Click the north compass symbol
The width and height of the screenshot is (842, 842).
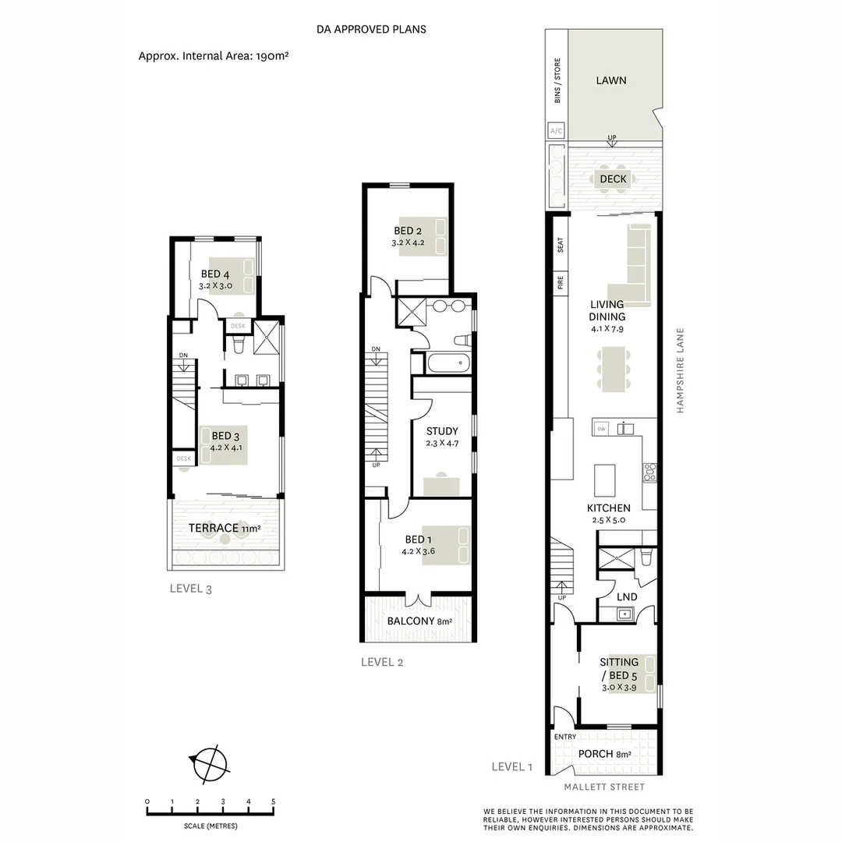pyautogui.click(x=207, y=762)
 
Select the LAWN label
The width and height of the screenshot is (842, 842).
pyautogui.click(x=611, y=80)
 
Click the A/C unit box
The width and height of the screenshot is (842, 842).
pyautogui.click(x=557, y=131)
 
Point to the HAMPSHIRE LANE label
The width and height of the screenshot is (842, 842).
pyautogui.click(x=680, y=369)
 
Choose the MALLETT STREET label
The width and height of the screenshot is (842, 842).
pyautogui.click(x=604, y=787)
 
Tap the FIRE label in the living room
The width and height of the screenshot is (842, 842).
pyautogui.click(x=560, y=283)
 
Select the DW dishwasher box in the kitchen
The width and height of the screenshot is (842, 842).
pyautogui.click(x=601, y=429)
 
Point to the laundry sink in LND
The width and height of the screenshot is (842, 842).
pyautogui.click(x=624, y=614)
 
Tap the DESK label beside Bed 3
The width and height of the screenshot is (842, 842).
pyautogui.click(x=184, y=458)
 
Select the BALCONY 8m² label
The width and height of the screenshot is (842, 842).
pyautogui.click(x=419, y=621)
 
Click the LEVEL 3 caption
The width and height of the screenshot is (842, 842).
pyautogui.click(x=190, y=589)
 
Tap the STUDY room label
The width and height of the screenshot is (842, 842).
pyautogui.click(x=442, y=431)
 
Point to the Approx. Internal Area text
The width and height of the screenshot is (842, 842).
pyautogui.click(x=214, y=56)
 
